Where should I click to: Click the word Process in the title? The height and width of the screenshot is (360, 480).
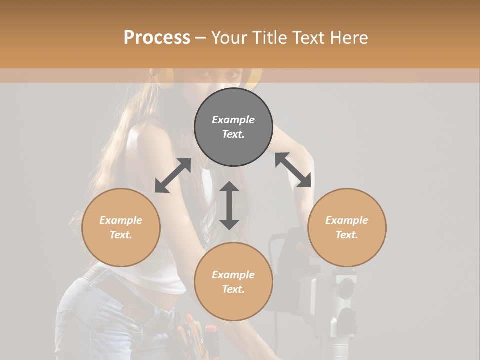(157, 38)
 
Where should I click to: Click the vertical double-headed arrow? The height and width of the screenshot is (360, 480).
(229, 205)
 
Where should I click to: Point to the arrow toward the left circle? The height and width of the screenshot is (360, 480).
(173, 175)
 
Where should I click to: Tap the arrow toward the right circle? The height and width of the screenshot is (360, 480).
(293, 170)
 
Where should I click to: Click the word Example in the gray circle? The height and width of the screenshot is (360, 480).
(233, 120)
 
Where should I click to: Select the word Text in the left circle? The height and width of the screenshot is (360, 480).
(121, 235)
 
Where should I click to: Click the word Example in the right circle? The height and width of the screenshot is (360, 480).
(347, 220)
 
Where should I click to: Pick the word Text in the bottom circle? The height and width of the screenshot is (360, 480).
(233, 289)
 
